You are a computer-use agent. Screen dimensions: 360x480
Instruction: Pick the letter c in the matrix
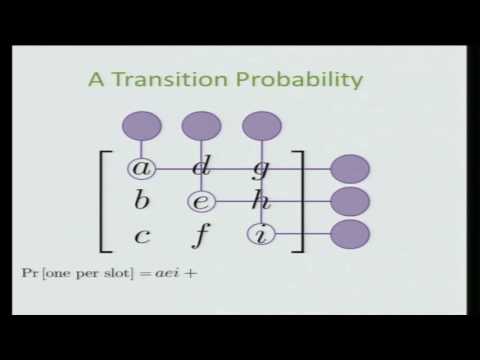click(x=142, y=236)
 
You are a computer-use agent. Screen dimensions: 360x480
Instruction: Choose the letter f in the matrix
click(x=200, y=236)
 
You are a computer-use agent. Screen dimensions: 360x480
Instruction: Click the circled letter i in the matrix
click(x=260, y=236)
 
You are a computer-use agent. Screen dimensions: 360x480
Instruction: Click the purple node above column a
click(x=142, y=127)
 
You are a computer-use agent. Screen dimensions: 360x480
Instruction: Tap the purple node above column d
click(x=201, y=127)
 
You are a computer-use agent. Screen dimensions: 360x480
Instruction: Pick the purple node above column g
click(x=262, y=127)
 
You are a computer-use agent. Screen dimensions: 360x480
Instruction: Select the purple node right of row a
click(x=349, y=169)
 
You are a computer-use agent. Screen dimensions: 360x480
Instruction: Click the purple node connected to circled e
click(x=349, y=202)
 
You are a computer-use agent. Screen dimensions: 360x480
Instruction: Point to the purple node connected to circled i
click(x=349, y=236)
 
